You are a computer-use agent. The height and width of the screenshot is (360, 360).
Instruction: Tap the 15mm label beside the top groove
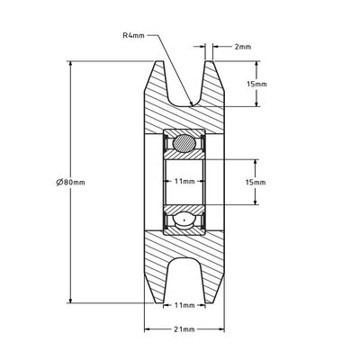point(256,84)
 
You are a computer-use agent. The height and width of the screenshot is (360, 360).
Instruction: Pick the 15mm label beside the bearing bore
point(256,182)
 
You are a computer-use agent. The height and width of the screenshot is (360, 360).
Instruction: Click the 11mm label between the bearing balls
point(184,181)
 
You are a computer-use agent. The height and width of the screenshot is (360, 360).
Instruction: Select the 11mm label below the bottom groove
point(184,305)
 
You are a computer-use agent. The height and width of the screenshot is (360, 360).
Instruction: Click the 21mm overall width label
point(184,329)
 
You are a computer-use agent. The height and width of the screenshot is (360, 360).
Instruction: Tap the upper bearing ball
point(184,142)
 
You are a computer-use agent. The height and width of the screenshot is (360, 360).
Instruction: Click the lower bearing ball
point(184,218)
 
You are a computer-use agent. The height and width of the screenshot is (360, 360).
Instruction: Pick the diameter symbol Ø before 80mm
point(58,182)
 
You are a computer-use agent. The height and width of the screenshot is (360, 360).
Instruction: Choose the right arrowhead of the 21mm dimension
point(221,329)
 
